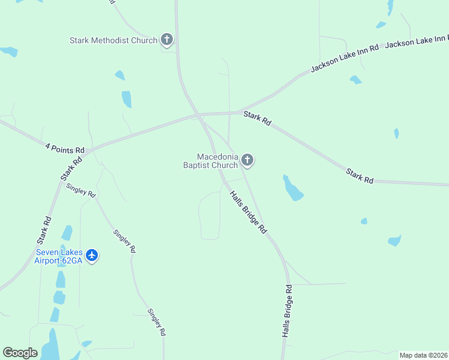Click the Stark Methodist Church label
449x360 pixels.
[113, 41]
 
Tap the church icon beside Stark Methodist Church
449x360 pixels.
[167, 40]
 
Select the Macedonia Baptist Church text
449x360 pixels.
[211, 161]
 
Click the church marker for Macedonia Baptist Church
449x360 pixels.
[247, 160]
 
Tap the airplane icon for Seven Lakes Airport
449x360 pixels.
[92, 256]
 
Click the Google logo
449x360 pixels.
[20, 353]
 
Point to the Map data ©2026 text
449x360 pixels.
[424, 355]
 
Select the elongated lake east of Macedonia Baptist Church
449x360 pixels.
[293, 188]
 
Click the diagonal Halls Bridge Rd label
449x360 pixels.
[247, 211]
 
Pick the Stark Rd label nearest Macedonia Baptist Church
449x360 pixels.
[258, 117]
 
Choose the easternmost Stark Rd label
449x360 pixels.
[360, 176]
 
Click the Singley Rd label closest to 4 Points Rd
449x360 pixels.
[81, 190]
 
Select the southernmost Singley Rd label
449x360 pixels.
[156, 322]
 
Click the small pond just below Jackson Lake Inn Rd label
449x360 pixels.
[356, 80]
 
